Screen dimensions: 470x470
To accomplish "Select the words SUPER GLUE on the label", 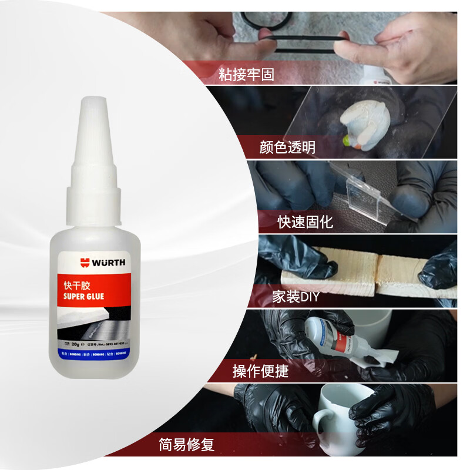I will [83, 296].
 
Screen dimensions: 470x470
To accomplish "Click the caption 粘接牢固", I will [246, 74].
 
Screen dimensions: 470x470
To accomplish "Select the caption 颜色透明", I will [287, 147].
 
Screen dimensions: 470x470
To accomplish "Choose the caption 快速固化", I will [305, 222].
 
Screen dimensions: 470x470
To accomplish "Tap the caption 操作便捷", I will [260, 371].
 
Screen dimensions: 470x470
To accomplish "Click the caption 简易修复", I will [186, 445].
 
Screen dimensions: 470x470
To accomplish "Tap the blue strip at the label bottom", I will [94, 355].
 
